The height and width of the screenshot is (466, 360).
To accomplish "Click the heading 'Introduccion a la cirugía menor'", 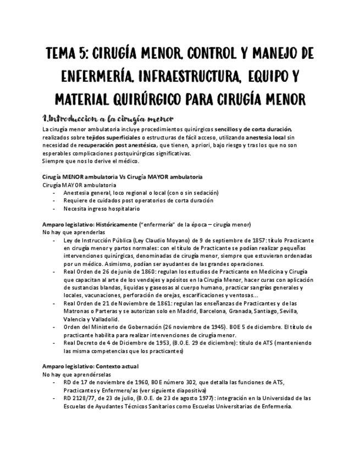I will click(108, 119).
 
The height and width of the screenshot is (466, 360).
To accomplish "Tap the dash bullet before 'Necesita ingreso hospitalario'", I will click(53, 209).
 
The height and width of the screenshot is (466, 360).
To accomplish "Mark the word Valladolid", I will click(104, 319).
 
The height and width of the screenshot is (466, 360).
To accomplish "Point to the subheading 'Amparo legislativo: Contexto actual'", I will click(91, 366).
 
